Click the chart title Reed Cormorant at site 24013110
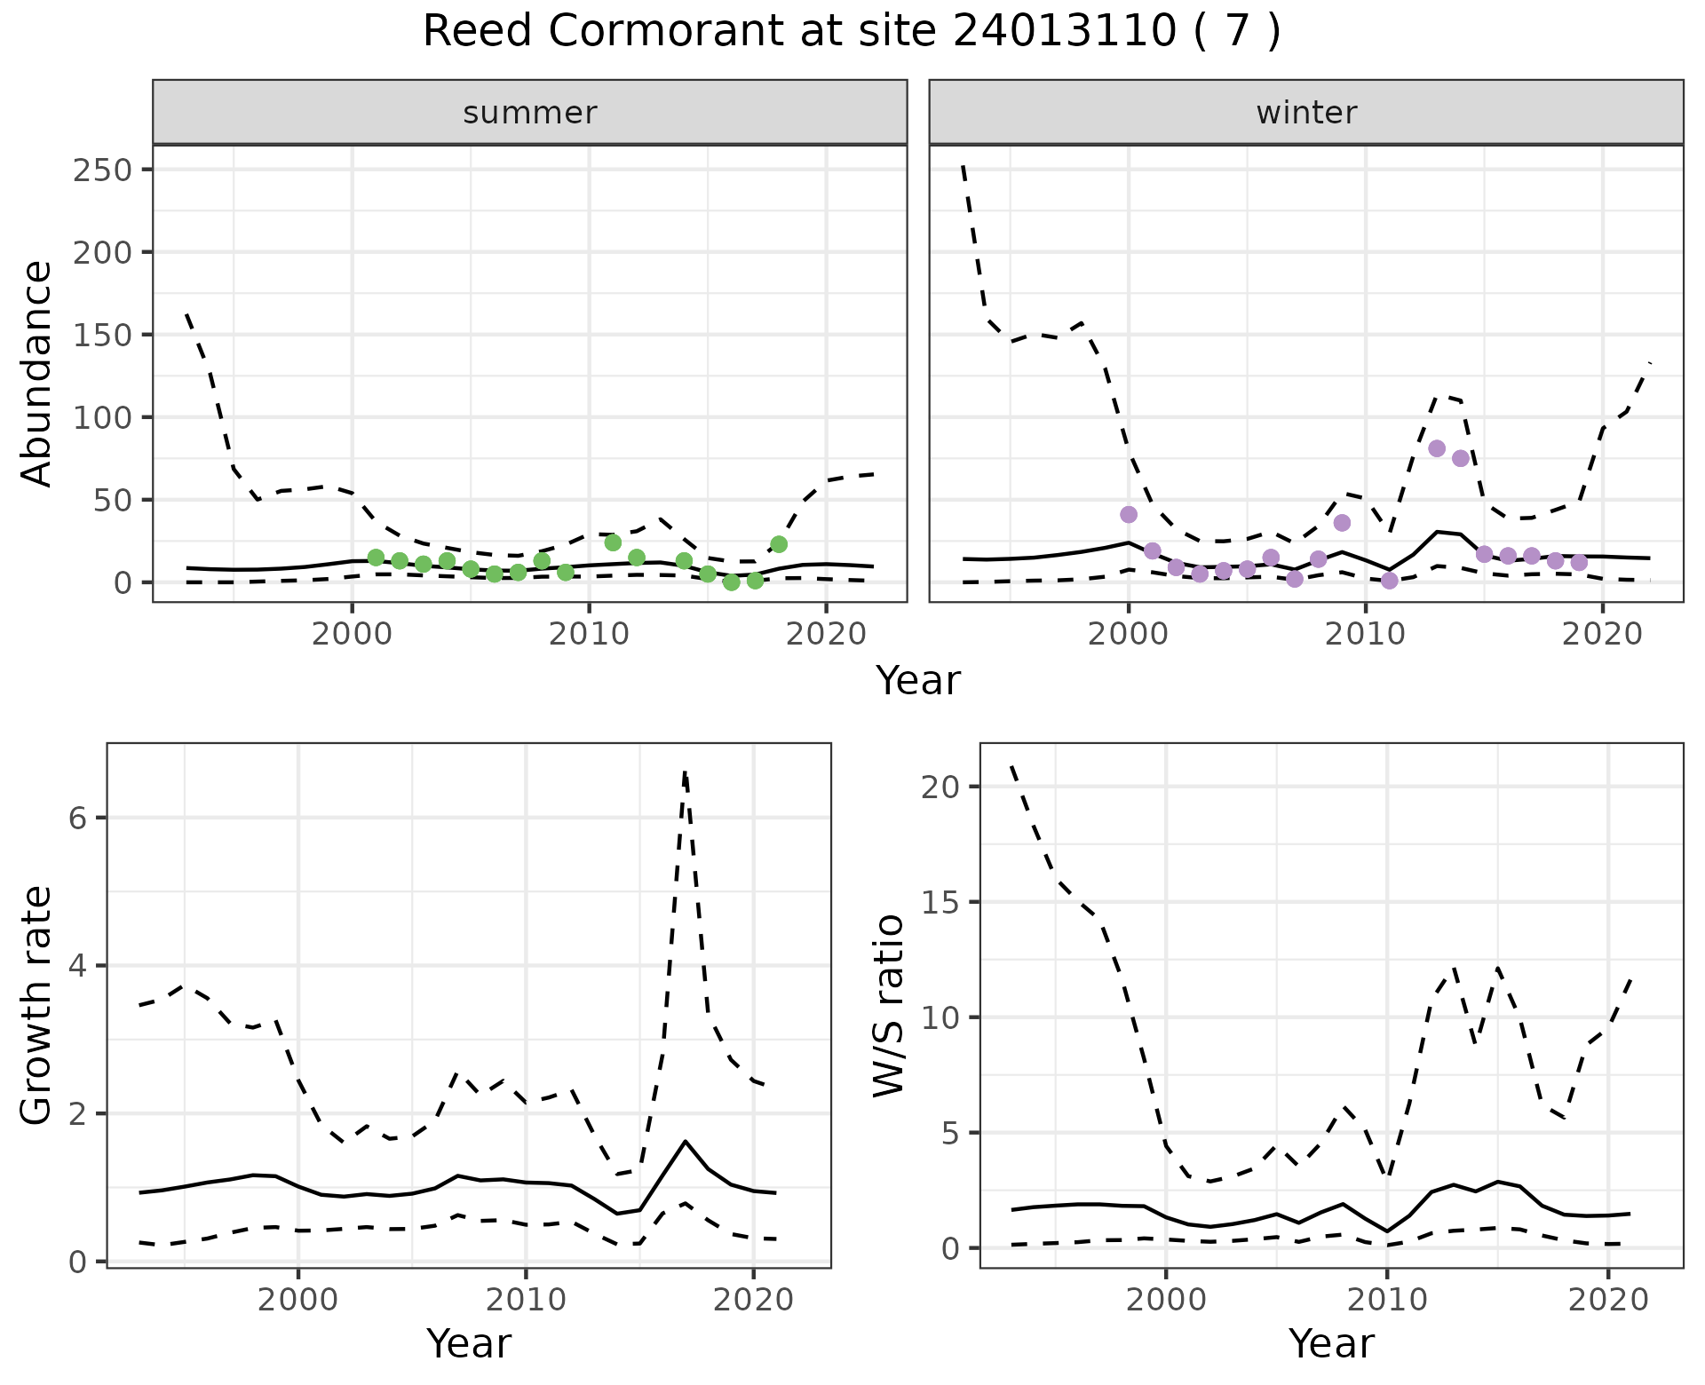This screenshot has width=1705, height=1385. [x=851, y=32]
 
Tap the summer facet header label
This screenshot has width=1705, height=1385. [x=529, y=113]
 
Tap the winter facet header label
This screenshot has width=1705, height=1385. [x=1305, y=113]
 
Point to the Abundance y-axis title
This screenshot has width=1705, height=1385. [x=37, y=374]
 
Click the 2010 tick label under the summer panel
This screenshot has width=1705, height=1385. [x=589, y=634]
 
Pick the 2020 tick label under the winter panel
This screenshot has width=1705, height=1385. [x=1602, y=634]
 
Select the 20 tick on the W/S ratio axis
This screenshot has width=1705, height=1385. [x=940, y=787]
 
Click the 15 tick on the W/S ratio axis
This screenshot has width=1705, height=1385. [x=940, y=902]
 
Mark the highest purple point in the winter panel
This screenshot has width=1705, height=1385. [x=1437, y=448]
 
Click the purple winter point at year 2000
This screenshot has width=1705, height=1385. [x=1129, y=515]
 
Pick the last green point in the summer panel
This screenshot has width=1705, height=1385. [x=779, y=544]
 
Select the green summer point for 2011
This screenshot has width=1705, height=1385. [x=613, y=542]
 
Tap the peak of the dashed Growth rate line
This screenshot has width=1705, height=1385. [x=685, y=772]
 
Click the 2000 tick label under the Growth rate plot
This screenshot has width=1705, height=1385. [x=298, y=1301]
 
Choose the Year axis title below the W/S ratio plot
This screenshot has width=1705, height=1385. [x=1331, y=1344]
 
